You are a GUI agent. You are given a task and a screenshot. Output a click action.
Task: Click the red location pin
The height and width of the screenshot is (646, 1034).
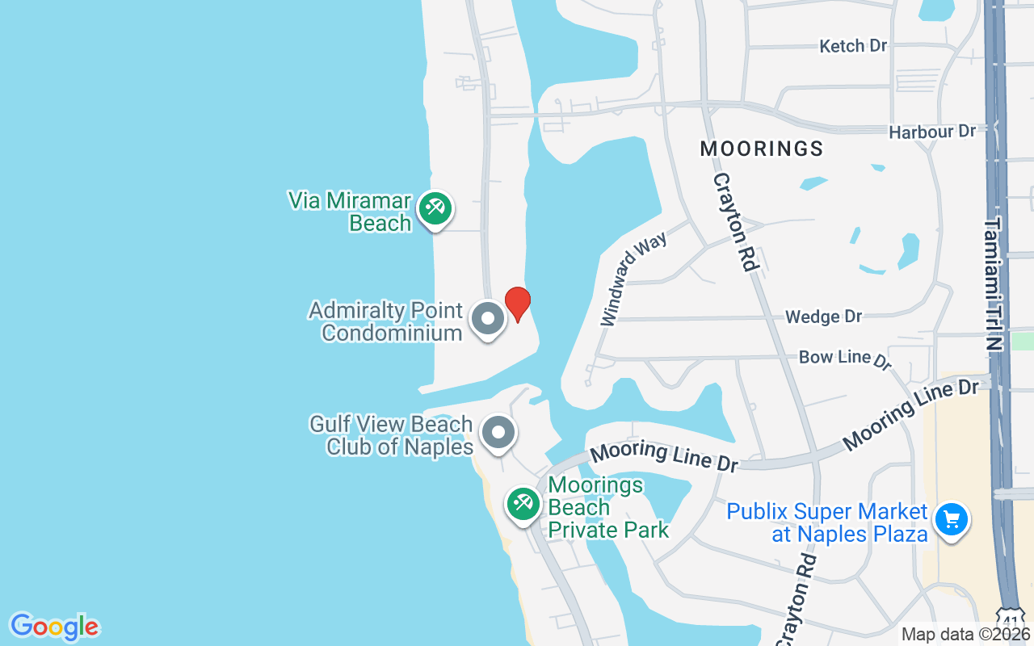tap(517, 304)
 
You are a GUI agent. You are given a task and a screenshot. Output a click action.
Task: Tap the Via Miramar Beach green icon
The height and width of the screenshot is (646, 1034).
tap(435, 208)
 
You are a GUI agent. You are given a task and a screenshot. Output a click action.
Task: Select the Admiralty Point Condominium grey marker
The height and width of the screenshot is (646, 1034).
tap(487, 318)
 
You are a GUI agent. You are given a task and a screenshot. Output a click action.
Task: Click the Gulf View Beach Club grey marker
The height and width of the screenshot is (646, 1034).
tap(498, 432)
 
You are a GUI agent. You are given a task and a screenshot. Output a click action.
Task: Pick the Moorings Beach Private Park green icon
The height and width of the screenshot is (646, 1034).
tap(523, 504)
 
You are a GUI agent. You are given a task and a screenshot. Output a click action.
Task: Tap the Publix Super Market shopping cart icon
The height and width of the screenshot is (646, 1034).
tap(951, 519)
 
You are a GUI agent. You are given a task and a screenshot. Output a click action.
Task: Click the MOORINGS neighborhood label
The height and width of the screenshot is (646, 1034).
tap(761, 149)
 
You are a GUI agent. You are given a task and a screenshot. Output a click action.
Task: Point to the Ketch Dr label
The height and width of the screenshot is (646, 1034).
tap(853, 46)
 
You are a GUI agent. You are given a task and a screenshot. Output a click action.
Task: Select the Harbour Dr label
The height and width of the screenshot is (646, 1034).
tap(931, 132)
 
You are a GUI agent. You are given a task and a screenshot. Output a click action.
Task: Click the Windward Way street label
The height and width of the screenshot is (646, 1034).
tap(633, 279)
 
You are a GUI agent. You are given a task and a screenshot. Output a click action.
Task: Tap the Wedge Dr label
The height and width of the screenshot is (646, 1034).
tap(823, 317)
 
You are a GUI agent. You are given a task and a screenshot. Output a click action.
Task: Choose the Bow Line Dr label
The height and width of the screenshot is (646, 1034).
tap(844, 359)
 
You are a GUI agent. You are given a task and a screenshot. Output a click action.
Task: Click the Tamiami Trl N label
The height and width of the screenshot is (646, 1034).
tap(993, 283)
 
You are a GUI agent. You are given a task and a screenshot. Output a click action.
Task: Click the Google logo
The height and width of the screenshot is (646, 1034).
tap(54, 627)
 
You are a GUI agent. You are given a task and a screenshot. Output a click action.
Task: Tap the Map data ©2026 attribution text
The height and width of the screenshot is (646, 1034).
tap(965, 635)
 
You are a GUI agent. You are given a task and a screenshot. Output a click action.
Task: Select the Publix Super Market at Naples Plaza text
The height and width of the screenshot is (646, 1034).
tap(826, 522)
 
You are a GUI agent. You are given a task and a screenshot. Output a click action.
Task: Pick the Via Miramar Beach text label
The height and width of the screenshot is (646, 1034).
tap(351, 212)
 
